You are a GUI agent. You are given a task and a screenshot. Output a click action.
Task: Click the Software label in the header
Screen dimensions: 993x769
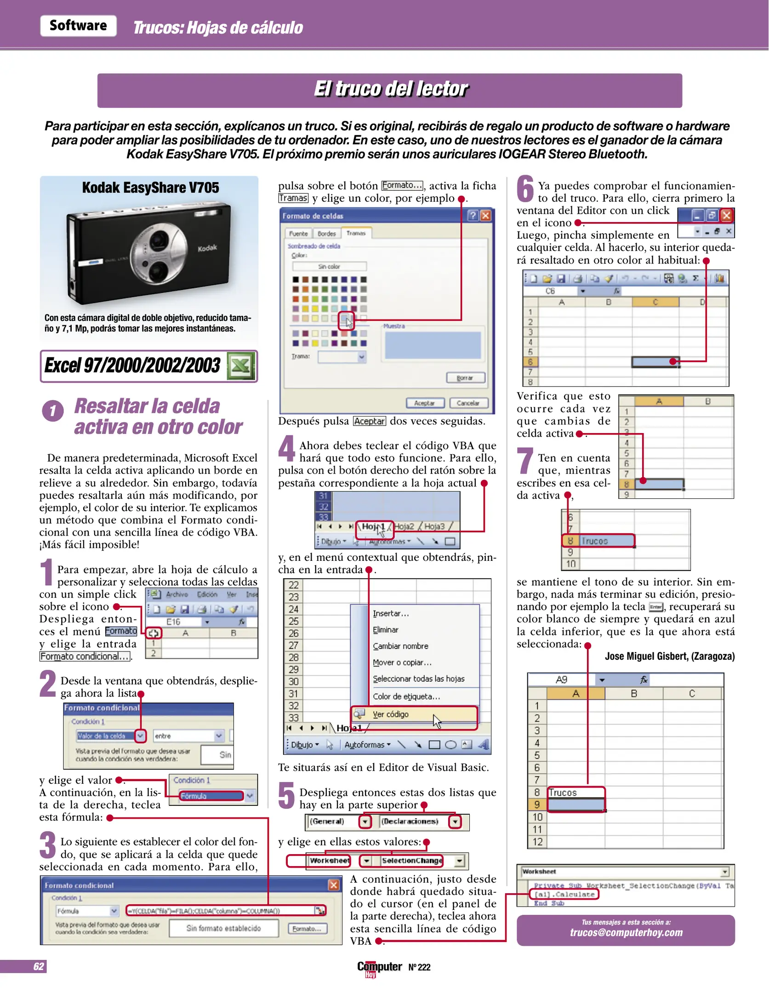click(78, 26)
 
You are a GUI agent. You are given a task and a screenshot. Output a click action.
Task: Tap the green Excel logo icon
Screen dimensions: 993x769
click(241, 366)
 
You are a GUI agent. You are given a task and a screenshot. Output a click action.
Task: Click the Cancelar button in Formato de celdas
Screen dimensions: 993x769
click(467, 403)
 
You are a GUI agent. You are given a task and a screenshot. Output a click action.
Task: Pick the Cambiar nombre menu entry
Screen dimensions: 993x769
click(400, 646)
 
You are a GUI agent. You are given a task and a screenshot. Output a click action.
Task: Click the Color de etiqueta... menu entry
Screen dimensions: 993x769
click(406, 696)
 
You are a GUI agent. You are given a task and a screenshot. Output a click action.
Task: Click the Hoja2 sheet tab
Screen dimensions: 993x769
click(404, 526)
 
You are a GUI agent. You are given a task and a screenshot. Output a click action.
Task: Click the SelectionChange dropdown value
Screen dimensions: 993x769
click(412, 861)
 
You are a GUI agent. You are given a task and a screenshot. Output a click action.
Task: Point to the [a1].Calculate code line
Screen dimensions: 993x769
click(564, 895)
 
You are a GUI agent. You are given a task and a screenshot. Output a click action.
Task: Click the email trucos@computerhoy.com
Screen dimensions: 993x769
click(626, 932)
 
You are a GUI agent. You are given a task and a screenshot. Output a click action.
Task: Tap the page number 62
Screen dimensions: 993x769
click(39, 966)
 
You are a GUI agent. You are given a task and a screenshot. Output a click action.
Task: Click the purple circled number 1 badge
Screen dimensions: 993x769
click(53, 411)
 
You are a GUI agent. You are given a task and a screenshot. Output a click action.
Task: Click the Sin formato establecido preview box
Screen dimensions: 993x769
click(223, 928)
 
